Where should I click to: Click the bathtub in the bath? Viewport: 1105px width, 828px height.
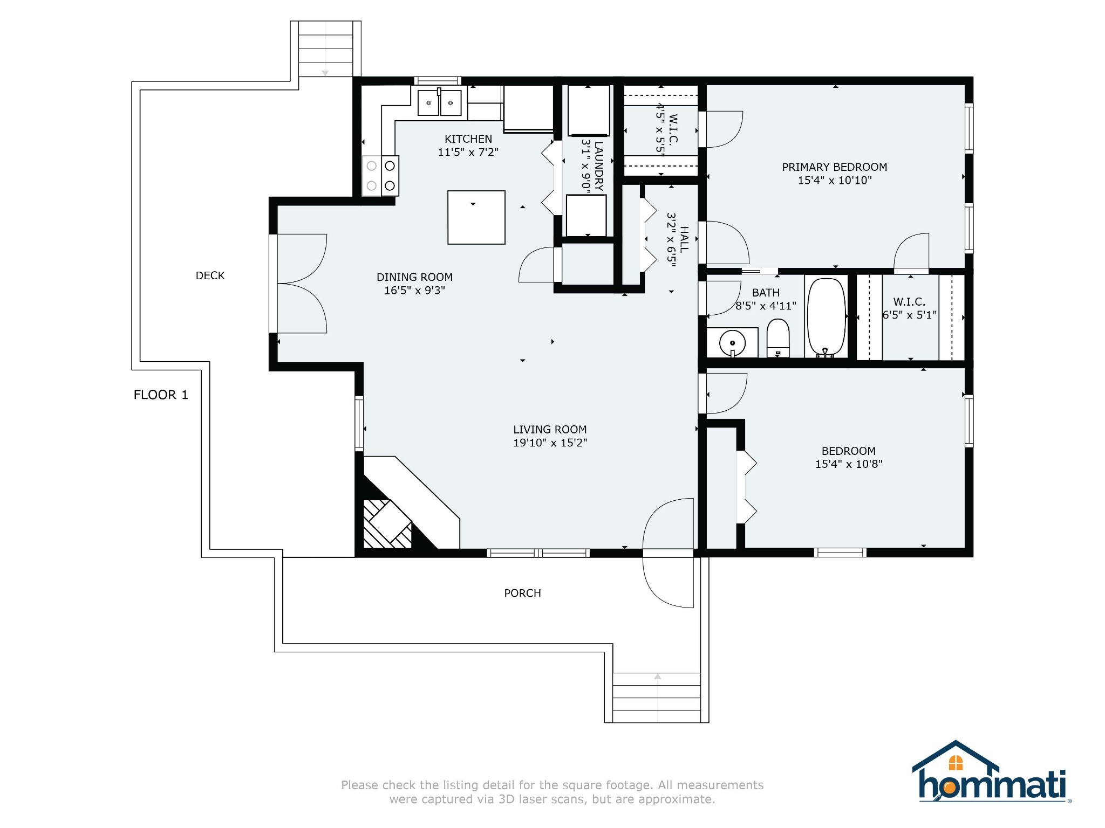point(826,317)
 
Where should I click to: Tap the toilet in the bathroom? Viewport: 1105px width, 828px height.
point(778,338)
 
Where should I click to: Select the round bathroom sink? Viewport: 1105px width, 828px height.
point(732,343)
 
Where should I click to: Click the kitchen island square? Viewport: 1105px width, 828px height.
point(476,217)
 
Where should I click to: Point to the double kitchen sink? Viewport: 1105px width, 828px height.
point(440,102)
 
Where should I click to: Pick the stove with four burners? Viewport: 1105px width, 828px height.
point(380,176)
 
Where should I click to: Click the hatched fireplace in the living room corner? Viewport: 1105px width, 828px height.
point(387,524)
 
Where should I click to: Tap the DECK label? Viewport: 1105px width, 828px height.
point(210,275)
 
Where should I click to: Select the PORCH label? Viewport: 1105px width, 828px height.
point(522,593)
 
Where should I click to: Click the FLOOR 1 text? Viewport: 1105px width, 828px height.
point(161,395)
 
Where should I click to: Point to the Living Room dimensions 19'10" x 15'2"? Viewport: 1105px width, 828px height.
point(550,443)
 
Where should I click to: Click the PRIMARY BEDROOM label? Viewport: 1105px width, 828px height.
point(835,167)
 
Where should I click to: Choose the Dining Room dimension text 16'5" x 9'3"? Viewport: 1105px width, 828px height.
point(414,291)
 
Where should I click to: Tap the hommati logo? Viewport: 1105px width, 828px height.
point(992,772)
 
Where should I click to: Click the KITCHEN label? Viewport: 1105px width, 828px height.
point(468,139)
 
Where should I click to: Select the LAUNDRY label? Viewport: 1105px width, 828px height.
point(598,166)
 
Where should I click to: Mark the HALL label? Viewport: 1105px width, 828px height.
point(684,239)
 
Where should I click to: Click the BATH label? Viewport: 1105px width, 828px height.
point(766,293)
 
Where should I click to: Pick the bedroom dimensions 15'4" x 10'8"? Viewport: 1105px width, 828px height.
point(849,464)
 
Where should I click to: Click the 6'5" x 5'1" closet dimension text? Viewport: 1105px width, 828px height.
point(910,315)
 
